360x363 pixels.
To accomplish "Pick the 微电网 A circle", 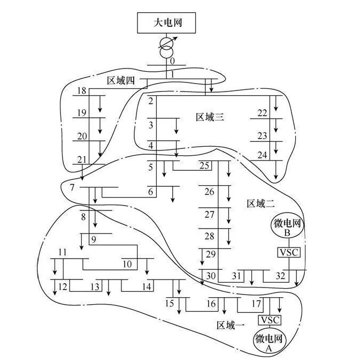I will tap(270, 340).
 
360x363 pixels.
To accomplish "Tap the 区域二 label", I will tap(260, 203).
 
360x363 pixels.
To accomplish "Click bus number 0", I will tap(172, 61).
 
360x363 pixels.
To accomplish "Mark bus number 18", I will tap(82, 90).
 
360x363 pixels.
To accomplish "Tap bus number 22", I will tap(262, 113).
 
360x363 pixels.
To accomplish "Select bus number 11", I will tap(63, 252).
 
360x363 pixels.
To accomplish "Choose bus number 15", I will tap(170, 304).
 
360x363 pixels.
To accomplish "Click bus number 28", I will tap(209, 236).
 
